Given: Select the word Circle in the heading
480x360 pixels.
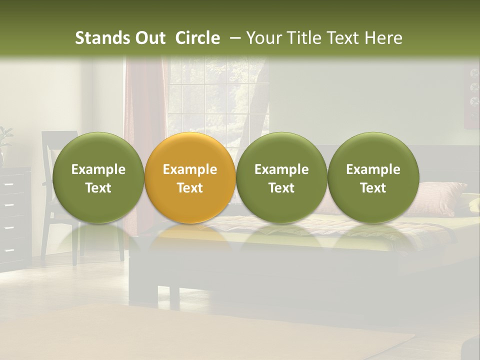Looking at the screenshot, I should (197, 38).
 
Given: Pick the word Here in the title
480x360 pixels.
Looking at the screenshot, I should (383, 38).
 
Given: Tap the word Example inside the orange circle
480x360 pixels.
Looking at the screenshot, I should (190, 169).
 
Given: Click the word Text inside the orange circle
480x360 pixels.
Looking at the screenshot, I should (190, 188).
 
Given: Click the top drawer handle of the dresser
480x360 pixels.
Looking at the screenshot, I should (8, 184).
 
